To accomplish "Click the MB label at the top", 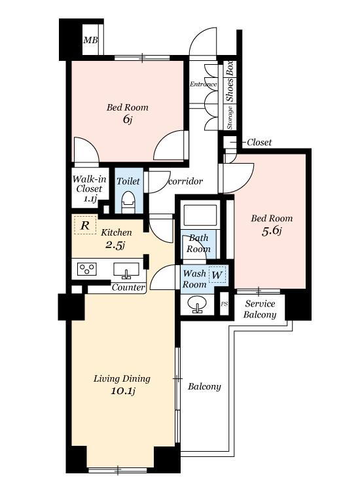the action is click(x=90, y=40).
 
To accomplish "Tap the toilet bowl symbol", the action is click(x=128, y=202).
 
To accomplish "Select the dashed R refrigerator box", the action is click(x=85, y=225).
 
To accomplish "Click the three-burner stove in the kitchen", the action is click(x=86, y=269).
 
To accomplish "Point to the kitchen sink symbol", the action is click(x=126, y=271).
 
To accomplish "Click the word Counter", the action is click(x=128, y=287).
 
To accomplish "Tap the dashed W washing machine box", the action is click(x=217, y=274).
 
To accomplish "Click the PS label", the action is click(x=224, y=304).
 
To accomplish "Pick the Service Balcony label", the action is click(x=260, y=309).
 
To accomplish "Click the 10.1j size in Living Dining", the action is click(x=122, y=391).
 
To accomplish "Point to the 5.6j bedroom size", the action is click(x=272, y=231).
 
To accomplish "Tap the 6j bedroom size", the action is click(x=127, y=119).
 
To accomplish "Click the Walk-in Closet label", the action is click(x=90, y=189).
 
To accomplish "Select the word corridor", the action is click(x=185, y=181).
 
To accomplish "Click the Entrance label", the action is click(x=203, y=84).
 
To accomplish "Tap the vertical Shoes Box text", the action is click(x=230, y=81).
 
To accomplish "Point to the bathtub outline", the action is click(x=200, y=215).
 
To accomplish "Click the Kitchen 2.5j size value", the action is click(x=115, y=245).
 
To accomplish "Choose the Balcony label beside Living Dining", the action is click(x=204, y=387).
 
